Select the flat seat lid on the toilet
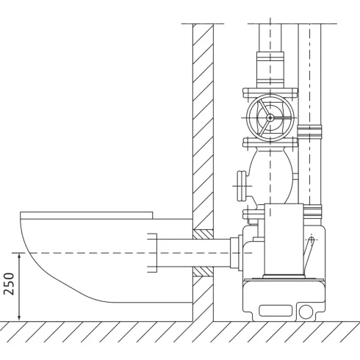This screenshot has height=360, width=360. tap(87, 216)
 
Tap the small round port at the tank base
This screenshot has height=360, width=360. tap(305, 312)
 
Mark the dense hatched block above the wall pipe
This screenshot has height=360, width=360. tap(202, 234)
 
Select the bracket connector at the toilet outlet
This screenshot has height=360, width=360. tap(152, 253)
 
